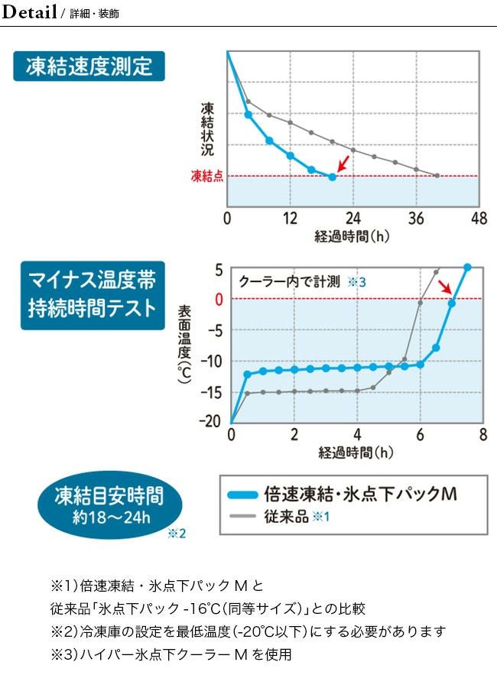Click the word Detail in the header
[x=31, y=13]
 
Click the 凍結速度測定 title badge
[x=89, y=67]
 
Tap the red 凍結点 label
[x=206, y=176]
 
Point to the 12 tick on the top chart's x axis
[x=290, y=219]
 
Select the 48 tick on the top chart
[x=479, y=219]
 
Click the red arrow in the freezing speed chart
[x=343, y=162]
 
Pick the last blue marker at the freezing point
[x=332, y=177]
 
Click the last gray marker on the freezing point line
[x=437, y=176]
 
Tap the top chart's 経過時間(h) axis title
[x=352, y=236]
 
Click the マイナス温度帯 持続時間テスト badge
[x=93, y=295]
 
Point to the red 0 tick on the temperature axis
[x=219, y=298]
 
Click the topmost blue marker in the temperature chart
[x=468, y=267]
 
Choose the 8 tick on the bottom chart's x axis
[x=482, y=435]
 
